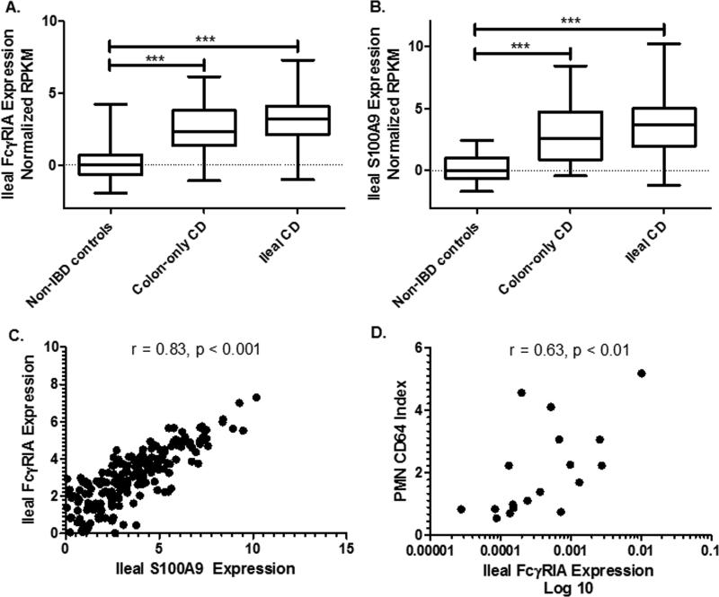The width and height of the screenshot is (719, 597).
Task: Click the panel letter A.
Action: click(9, 8)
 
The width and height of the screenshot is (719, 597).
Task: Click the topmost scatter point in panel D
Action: click(641, 373)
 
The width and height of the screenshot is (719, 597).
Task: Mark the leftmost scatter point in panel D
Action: click(461, 509)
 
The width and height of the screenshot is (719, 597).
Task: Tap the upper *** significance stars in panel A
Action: click(203, 38)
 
